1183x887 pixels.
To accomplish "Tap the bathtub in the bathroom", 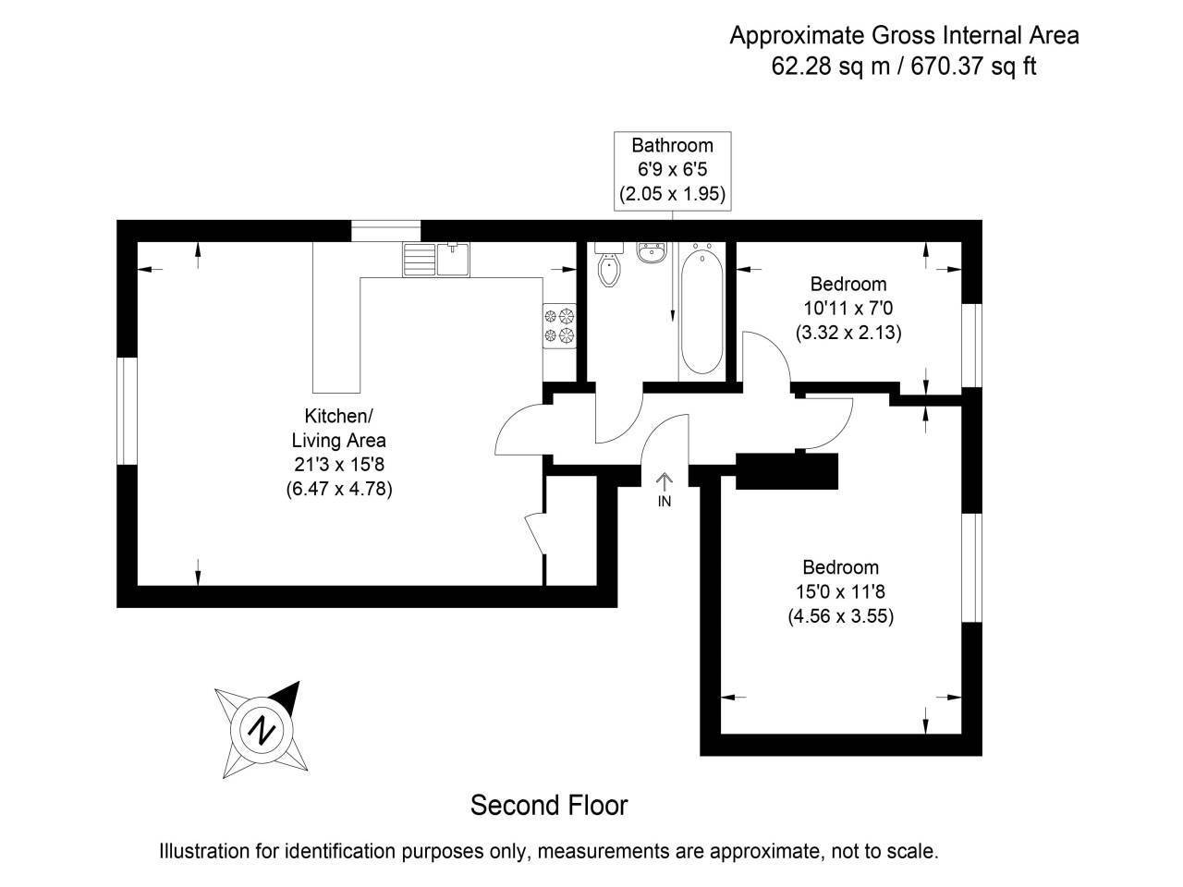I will pos(701,310).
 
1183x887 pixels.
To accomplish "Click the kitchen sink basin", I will pos(453,260).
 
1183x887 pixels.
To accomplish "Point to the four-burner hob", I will pos(560,326).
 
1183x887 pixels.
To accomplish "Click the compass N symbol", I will pos(263,729).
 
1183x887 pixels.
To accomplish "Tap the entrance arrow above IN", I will pos(665,480).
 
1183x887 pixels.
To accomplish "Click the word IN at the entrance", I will pos(665,502).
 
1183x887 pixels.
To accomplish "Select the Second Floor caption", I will pos(549,805).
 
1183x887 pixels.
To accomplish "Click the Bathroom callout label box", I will pos(672,170).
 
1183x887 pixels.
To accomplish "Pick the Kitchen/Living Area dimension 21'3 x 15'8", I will pos(339,466).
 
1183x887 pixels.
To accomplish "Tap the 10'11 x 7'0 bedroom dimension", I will pos(848,308).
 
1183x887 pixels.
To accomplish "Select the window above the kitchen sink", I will pos(385,231).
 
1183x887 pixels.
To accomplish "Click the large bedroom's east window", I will pos(970,566).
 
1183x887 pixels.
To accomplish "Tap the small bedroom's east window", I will pos(970,343).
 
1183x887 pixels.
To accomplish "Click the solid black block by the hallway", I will pos(787,471).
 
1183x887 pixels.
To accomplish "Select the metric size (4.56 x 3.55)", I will pos(840,616).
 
